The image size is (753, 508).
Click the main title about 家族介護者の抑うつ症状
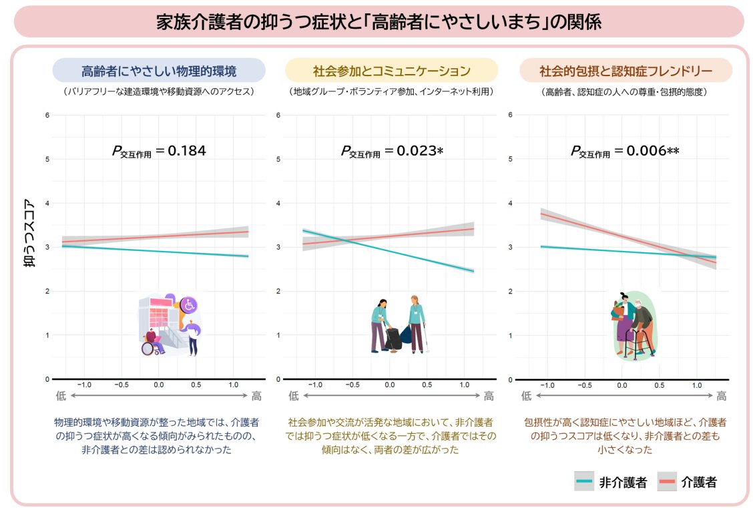pos(379,22)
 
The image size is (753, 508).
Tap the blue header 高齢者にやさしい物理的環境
pos(159,71)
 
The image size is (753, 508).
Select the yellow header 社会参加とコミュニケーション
pos(391,71)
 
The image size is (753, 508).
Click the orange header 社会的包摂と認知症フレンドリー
pos(625,71)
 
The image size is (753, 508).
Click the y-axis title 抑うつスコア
pos(30,232)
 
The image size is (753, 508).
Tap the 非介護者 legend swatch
pos(584,481)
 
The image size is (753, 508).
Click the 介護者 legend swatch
pos(667,481)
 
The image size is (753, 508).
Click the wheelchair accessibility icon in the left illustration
pos(189,304)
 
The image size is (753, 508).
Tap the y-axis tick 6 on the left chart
pos(47,115)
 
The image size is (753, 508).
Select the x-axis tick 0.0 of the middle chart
pos(389,385)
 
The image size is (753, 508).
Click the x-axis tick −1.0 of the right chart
pos(547,385)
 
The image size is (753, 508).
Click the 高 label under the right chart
pos(722,396)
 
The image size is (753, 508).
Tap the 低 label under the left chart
pos(61,396)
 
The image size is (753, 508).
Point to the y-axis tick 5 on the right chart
pos(510,159)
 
